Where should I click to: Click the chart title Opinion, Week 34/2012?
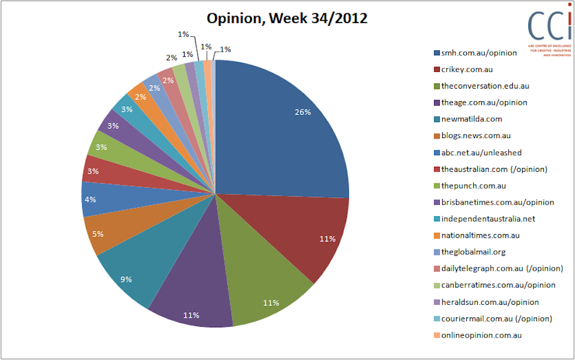click(286, 18)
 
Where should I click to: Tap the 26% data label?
click(303, 112)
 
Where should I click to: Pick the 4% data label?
click(91, 200)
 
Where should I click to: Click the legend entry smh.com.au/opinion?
click(478, 53)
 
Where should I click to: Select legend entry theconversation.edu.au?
click(484, 86)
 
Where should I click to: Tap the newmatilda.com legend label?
click(471, 119)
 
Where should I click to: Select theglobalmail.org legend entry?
click(473, 252)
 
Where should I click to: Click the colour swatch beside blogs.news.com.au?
click(436, 136)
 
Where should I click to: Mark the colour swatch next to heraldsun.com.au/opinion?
click(436, 302)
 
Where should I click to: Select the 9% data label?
click(126, 279)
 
